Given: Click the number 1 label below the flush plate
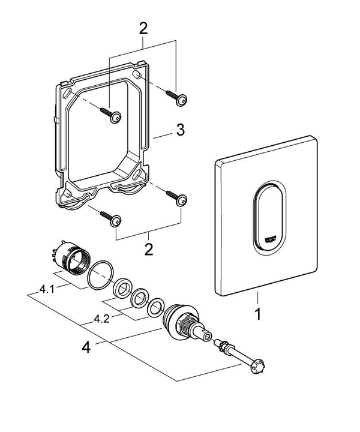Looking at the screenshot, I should tap(258, 314).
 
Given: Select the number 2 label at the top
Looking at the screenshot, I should tap(143, 27).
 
